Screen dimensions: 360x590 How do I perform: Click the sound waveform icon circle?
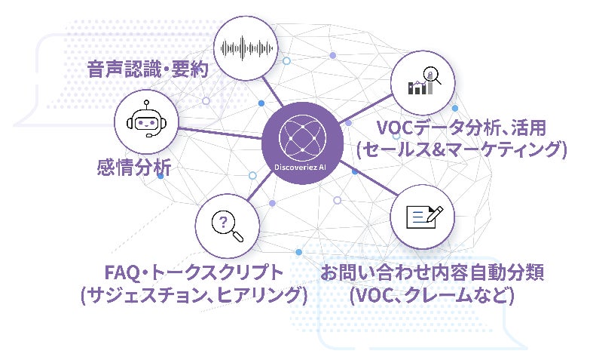[x=244, y=47]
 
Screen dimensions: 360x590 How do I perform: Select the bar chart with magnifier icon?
[x=423, y=82]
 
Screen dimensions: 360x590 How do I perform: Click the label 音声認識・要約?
[x=145, y=71]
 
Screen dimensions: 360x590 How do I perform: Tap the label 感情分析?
[x=133, y=167]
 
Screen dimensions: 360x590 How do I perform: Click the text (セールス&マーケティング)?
[x=462, y=149]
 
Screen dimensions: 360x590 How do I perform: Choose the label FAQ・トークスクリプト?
[x=193, y=272]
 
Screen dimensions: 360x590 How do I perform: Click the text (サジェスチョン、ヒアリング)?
[x=193, y=294]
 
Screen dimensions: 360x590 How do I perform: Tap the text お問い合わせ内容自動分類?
[x=433, y=272]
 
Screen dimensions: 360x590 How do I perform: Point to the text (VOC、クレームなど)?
[x=433, y=294]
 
